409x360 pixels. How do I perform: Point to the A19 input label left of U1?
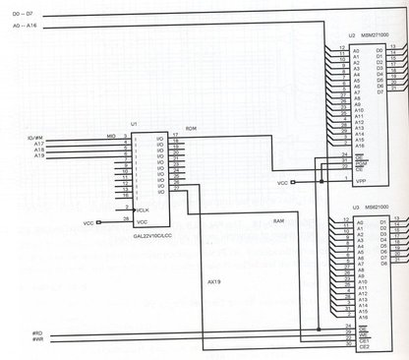(39, 156)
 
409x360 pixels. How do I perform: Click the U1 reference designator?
(134, 126)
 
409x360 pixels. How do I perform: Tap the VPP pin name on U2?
(362, 180)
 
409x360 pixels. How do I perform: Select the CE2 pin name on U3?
(362, 346)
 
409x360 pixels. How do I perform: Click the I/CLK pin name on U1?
(144, 210)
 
